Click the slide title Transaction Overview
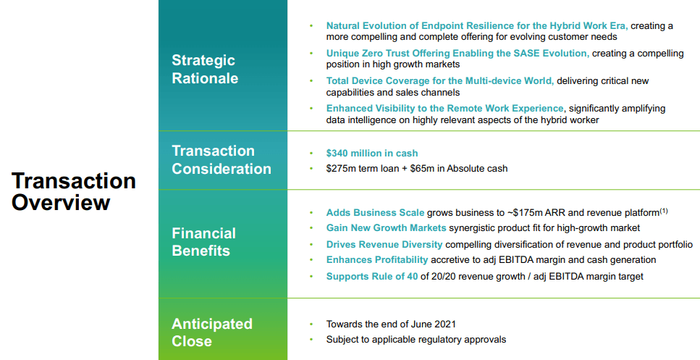click(x=74, y=192)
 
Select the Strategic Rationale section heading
click(x=205, y=70)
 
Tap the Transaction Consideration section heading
click(x=222, y=159)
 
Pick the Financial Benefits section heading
click(x=203, y=242)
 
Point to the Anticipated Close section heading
click(x=212, y=332)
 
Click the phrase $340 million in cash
click(x=372, y=154)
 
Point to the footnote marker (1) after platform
click(x=664, y=211)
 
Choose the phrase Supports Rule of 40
click(x=372, y=277)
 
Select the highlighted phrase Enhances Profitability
click(x=377, y=260)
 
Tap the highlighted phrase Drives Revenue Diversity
click(x=384, y=245)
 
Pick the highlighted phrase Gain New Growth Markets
click(x=386, y=228)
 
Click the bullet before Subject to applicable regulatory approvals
click(x=311, y=340)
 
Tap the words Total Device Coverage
click(x=376, y=81)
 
